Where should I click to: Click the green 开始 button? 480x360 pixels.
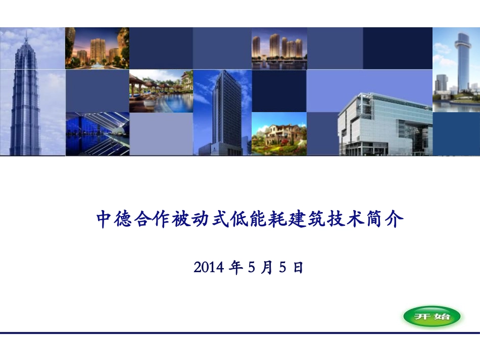(431, 317)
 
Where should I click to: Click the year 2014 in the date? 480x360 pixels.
(208, 268)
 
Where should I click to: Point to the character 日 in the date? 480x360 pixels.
(298, 268)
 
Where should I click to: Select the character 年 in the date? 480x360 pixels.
(235, 268)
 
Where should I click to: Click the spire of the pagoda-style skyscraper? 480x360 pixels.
(26, 36)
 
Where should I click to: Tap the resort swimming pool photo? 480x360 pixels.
(161, 91)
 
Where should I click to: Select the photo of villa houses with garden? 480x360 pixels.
(279, 134)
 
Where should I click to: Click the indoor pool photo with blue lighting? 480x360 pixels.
(97, 134)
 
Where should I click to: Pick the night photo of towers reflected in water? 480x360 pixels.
(279, 48)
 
